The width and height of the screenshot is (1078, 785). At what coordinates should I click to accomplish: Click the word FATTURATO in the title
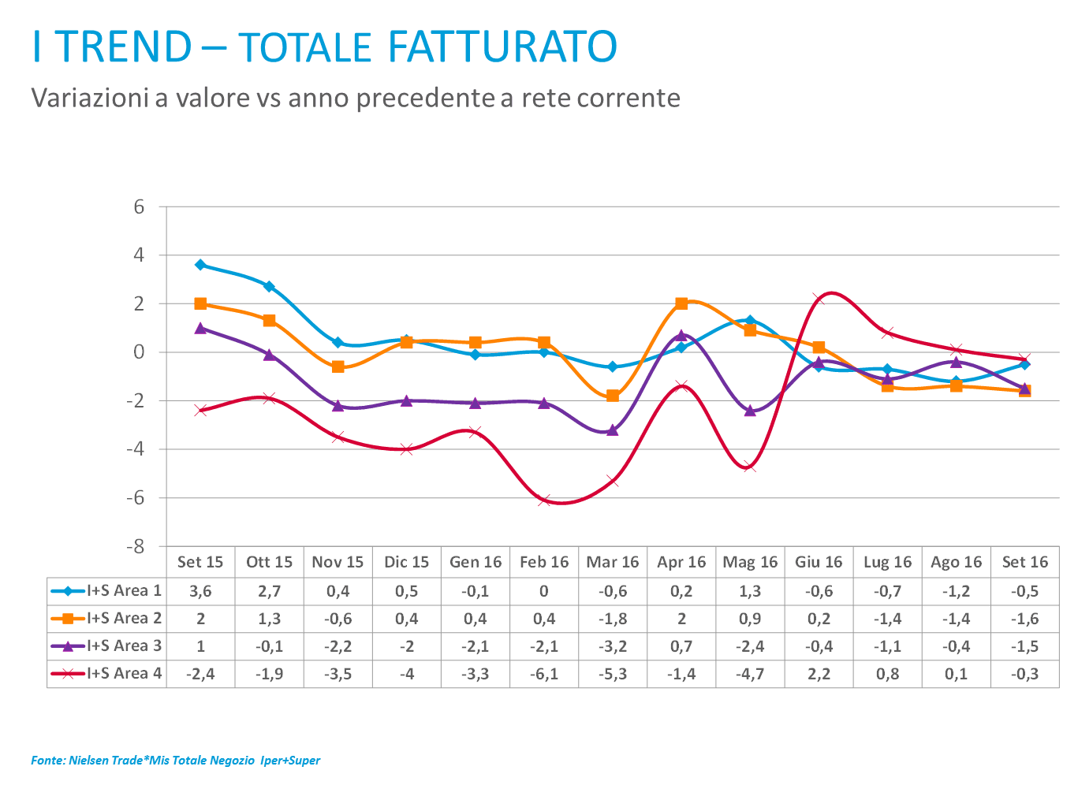point(502,47)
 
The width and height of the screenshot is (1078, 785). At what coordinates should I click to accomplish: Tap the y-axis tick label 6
point(140,206)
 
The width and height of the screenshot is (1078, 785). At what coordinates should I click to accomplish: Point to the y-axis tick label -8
point(136,546)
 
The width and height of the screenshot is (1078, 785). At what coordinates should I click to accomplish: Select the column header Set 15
point(200,562)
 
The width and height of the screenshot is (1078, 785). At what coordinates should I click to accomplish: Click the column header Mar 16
point(613,562)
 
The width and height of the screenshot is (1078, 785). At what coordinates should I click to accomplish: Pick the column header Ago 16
point(956,562)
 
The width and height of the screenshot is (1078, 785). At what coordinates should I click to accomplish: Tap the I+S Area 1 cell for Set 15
point(200,590)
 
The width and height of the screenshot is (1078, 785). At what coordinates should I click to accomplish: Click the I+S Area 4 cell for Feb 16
point(544,673)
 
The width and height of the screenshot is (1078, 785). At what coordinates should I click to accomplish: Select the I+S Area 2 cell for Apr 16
point(681,618)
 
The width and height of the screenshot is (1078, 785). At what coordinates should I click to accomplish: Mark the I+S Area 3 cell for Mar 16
point(613,645)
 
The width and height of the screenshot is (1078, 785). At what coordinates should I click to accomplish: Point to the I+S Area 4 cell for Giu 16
point(819,673)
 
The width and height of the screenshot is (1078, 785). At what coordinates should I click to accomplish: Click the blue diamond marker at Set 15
point(200,265)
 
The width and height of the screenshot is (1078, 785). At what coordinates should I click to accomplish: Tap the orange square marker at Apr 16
point(681,303)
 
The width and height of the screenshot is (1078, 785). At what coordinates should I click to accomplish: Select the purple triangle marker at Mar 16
point(613,430)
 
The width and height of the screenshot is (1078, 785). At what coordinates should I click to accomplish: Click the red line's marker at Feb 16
point(544,500)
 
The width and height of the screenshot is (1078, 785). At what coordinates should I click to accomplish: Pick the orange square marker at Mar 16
point(613,396)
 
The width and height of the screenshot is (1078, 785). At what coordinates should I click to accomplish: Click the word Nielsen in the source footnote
point(89,761)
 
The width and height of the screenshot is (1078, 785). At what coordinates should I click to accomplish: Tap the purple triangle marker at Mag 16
point(750,411)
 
